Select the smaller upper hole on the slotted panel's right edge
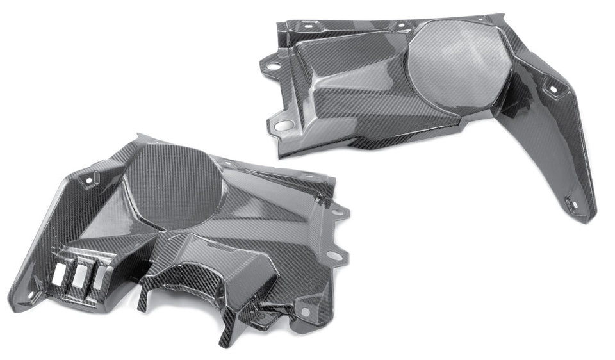(336, 209)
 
